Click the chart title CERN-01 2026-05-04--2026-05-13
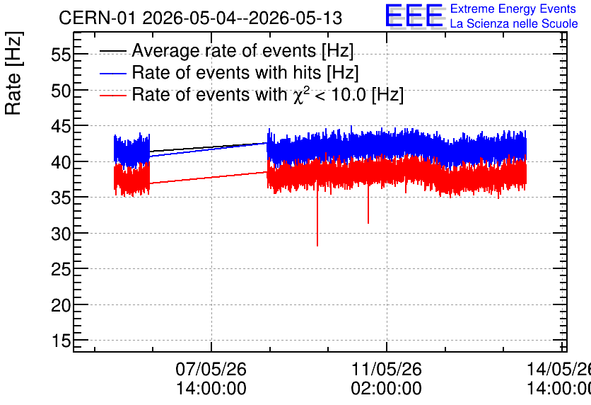[200, 18]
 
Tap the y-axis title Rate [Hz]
[13, 73]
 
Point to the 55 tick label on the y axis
[61, 55]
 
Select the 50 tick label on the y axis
[61, 91]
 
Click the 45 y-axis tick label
[61, 127]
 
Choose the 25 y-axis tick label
[61, 270]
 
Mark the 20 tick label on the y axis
[61, 305]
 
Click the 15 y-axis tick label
[61, 341]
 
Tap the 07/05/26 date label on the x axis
[211, 369]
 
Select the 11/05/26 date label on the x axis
[387, 369]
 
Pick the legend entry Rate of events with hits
[245, 72]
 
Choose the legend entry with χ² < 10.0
[268, 94]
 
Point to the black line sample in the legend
[112, 51]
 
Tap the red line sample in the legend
[112, 95]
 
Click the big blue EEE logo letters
[414, 16]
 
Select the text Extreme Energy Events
[513, 8]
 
